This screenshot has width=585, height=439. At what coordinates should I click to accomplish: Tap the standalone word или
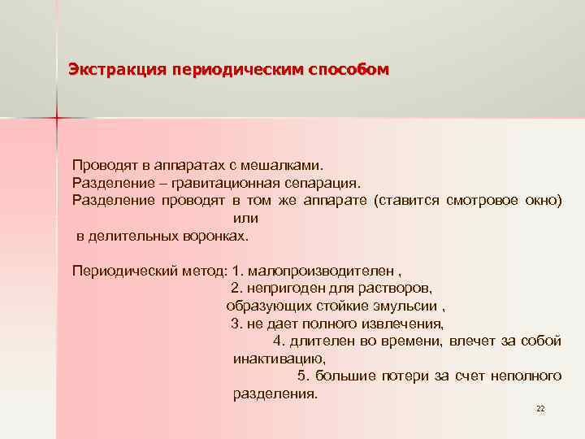(245, 218)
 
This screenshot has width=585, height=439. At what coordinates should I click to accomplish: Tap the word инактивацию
(279, 359)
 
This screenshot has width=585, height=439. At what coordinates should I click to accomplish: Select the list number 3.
(236, 324)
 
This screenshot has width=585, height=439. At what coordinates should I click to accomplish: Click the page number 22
(540, 408)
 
